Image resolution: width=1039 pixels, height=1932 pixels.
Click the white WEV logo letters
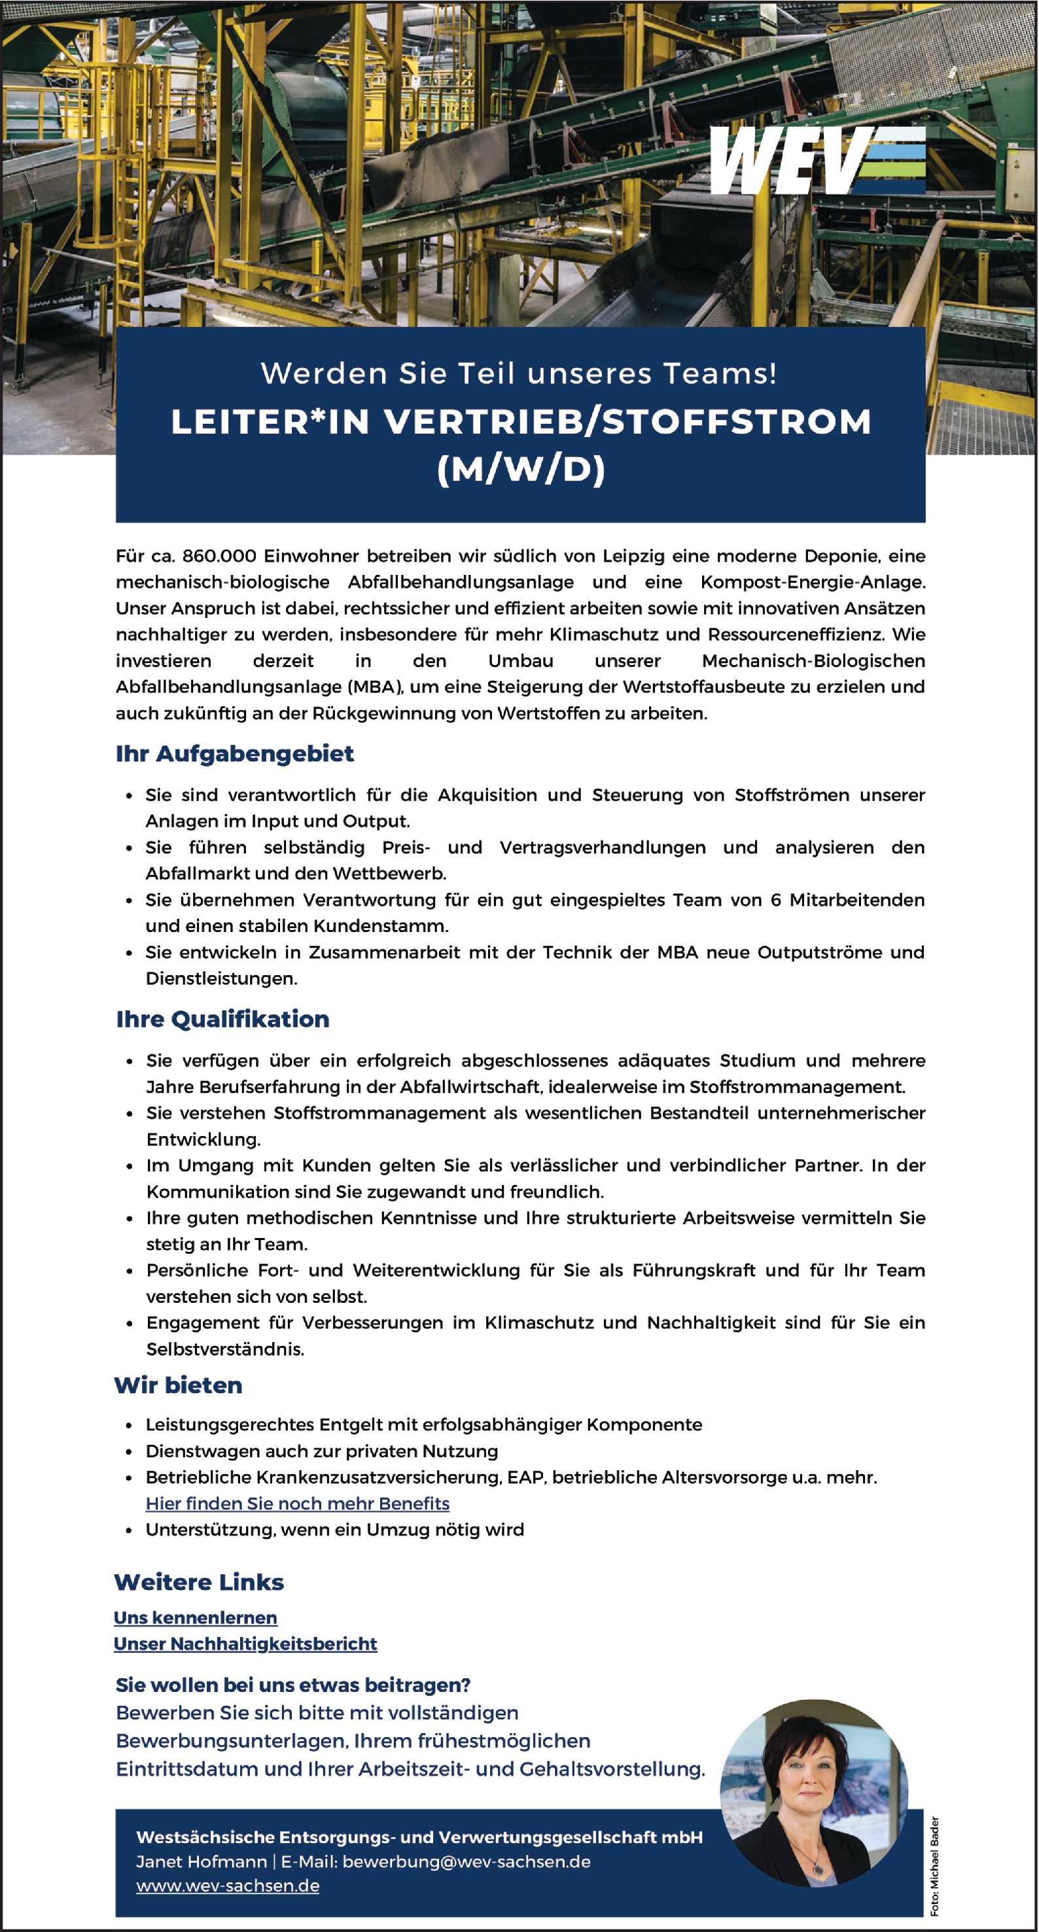tap(784, 160)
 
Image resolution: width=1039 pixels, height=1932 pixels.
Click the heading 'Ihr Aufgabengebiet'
tap(234, 753)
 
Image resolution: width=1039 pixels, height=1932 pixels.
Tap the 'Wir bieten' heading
tap(179, 1385)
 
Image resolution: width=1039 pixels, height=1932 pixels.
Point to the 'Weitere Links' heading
tap(199, 1583)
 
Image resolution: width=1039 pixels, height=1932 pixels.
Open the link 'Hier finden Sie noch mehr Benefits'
tap(297, 1504)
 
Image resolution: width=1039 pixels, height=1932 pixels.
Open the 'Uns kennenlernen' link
tap(195, 1618)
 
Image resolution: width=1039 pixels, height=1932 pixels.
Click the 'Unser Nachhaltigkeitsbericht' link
tap(245, 1644)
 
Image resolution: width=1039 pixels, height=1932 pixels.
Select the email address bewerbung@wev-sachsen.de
tap(466, 1861)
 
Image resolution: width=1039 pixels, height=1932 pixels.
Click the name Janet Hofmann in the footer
tap(201, 1861)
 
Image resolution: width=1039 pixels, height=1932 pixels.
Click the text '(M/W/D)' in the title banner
tap(521, 470)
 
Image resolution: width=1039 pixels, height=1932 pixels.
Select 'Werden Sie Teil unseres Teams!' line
tap(519, 373)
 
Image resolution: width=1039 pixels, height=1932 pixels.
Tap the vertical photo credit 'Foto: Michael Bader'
tap(935, 1865)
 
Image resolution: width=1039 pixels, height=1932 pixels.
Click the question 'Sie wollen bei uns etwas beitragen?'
tap(292, 1685)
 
